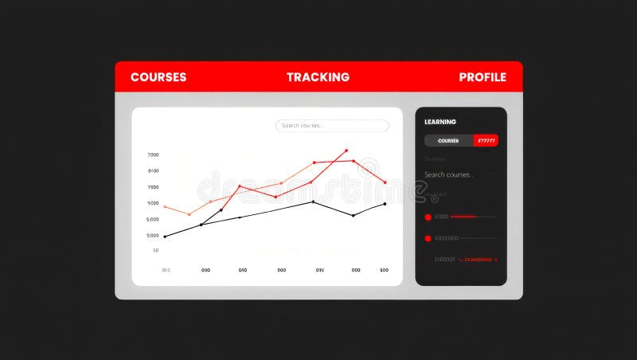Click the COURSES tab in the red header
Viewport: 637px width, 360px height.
[158, 77]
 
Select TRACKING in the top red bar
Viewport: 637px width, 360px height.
[318, 77]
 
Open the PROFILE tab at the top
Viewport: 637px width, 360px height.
[483, 77]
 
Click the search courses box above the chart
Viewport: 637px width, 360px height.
[332, 126]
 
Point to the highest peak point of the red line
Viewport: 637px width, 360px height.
[346, 150]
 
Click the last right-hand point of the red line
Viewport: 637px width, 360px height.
[385, 182]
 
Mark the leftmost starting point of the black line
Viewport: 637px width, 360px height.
[165, 237]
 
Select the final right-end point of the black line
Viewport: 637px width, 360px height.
[385, 204]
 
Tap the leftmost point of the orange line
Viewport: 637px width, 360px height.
[165, 206]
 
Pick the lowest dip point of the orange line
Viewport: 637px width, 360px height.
[189, 214]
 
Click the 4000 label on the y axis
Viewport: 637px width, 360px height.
[152, 203]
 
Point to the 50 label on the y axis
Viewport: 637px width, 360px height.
[155, 250]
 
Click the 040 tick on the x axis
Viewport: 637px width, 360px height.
[243, 270]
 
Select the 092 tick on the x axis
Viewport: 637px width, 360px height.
[319, 270]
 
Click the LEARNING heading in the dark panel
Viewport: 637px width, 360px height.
[440, 122]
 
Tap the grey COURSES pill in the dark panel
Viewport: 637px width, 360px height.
[448, 141]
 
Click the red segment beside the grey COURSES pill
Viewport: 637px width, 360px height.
[486, 141]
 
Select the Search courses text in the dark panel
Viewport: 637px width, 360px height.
[449, 174]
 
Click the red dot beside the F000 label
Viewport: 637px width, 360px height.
[428, 217]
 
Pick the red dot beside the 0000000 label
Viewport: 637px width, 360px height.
[428, 238]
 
